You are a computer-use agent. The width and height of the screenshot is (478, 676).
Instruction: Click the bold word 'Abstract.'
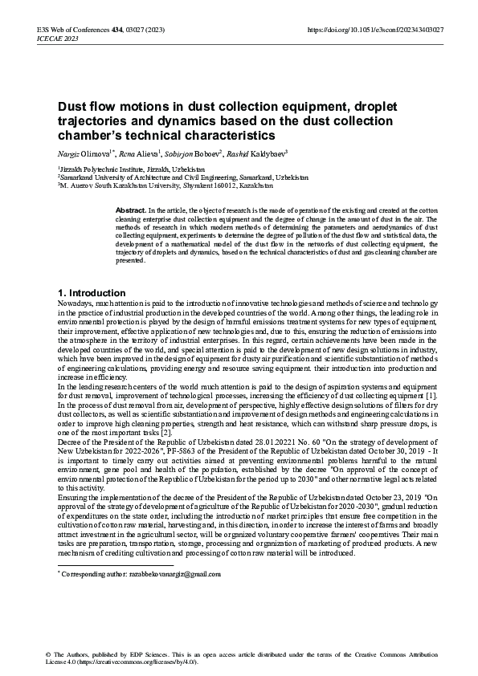132,209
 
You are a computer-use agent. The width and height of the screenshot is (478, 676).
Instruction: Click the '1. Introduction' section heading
92,292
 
